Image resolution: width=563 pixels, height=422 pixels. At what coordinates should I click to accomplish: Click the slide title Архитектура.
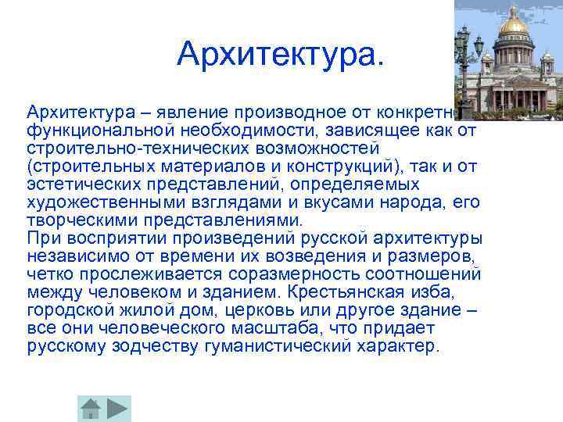(x=281, y=53)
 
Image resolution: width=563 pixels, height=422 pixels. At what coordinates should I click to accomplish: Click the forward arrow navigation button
(x=118, y=408)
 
